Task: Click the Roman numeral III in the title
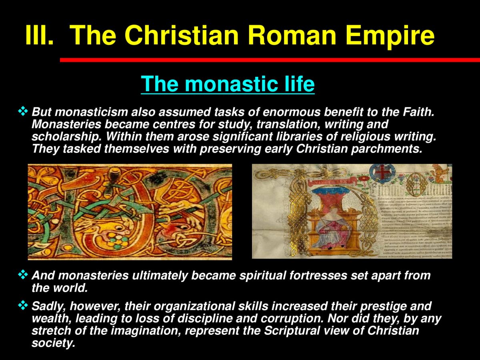click(39, 35)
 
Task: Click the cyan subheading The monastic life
click(228, 84)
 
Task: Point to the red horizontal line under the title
click(270, 60)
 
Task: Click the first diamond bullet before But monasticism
click(23, 111)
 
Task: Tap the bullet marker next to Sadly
click(23, 306)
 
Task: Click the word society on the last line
click(53, 343)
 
